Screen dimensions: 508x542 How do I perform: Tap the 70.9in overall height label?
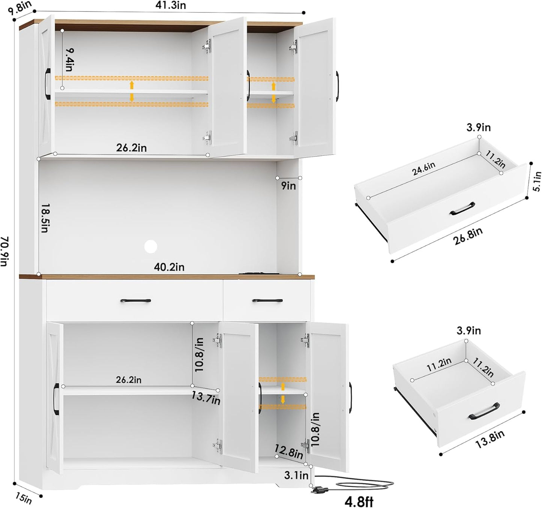coord(5,251)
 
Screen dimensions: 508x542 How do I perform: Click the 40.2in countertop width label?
coord(169,267)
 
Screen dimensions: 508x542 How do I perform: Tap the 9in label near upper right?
coord(289,186)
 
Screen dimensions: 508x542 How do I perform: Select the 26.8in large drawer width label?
coord(468,236)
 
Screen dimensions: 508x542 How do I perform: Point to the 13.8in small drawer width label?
coord(490,439)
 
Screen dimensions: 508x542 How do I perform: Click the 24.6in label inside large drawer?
coord(424,169)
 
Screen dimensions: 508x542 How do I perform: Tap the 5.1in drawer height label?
coord(537,181)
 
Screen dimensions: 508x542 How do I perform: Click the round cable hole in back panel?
coord(151,246)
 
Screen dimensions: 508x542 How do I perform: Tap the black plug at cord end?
coord(319,489)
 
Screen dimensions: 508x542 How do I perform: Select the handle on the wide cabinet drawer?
coord(135,301)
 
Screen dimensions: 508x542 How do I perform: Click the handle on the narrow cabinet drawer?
coord(267,300)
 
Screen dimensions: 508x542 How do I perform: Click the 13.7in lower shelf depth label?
coord(206,398)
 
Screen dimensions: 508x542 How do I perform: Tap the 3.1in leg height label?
coord(296,475)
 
